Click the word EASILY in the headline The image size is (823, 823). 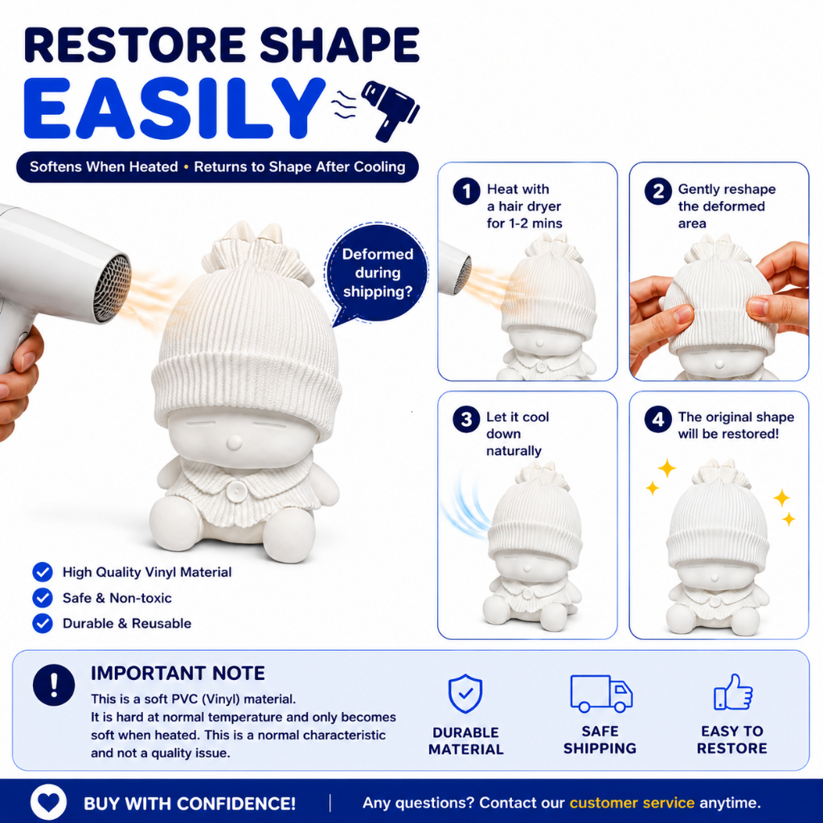tap(174, 109)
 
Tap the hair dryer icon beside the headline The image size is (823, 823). tap(390, 109)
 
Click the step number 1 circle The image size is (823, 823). tap(467, 191)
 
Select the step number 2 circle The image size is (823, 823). tap(658, 191)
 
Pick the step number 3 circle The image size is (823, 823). tap(467, 420)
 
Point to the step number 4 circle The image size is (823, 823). tap(658, 420)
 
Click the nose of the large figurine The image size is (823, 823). tap(234, 443)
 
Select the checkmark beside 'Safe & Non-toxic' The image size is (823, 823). tap(43, 597)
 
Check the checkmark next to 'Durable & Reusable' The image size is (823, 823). tap(43, 623)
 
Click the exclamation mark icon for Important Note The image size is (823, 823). tap(54, 685)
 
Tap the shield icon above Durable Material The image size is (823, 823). tap(465, 694)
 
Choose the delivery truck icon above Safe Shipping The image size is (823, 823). tap(601, 694)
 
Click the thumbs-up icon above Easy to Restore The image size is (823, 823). tap(733, 692)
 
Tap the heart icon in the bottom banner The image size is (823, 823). tap(49, 801)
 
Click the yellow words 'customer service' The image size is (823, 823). tap(632, 803)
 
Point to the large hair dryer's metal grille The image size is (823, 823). tap(113, 289)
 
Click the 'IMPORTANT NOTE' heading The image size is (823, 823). tap(178, 673)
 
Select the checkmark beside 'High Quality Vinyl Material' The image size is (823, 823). tap(43, 572)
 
